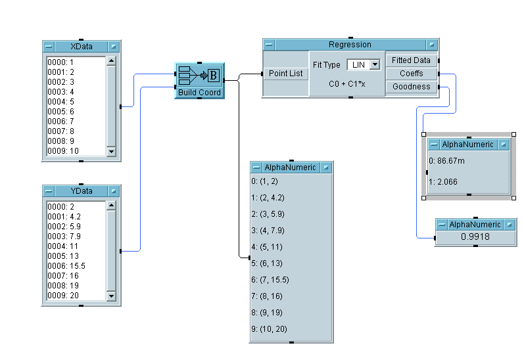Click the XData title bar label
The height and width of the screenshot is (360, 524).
[x=82, y=47]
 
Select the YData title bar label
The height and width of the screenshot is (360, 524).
[x=82, y=191]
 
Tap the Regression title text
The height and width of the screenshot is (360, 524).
[x=350, y=45]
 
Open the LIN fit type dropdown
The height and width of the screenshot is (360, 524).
[x=375, y=64]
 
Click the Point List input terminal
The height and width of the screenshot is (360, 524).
[x=286, y=74]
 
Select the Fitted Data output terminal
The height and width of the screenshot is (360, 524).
[x=411, y=60]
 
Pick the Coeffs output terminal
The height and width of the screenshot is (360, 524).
[x=411, y=74]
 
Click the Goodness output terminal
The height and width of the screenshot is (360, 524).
[x=411, y=87]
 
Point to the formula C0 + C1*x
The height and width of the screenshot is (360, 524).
[x=346, y=84]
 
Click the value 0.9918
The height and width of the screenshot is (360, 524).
[x=475, y=236]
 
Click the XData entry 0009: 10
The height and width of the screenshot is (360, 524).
[x=63, y=151]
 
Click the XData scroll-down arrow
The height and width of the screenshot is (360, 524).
[x=110, y=152]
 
